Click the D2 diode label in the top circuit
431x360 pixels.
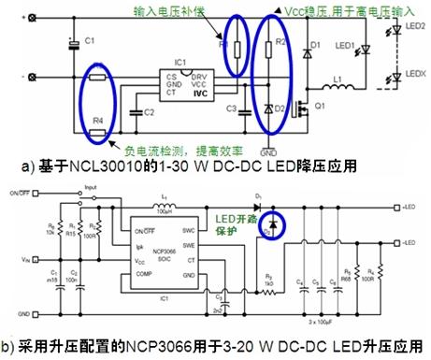coord(281,108)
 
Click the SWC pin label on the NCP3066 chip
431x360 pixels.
coord(187,229)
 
